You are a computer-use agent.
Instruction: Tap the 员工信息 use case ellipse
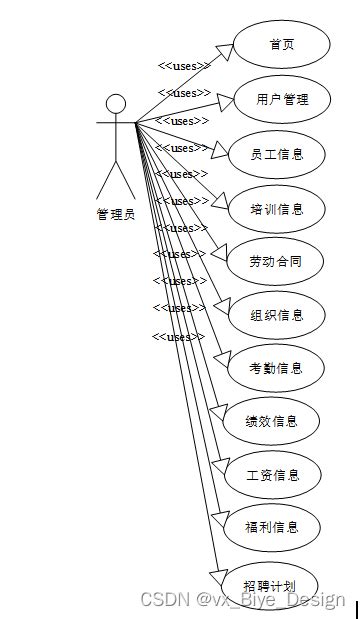[277, 154]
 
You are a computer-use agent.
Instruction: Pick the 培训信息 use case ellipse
[277, 209]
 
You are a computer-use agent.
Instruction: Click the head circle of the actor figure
[116, 103]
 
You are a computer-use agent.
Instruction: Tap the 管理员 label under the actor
[116, 213]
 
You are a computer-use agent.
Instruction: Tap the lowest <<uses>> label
[178, 337]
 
